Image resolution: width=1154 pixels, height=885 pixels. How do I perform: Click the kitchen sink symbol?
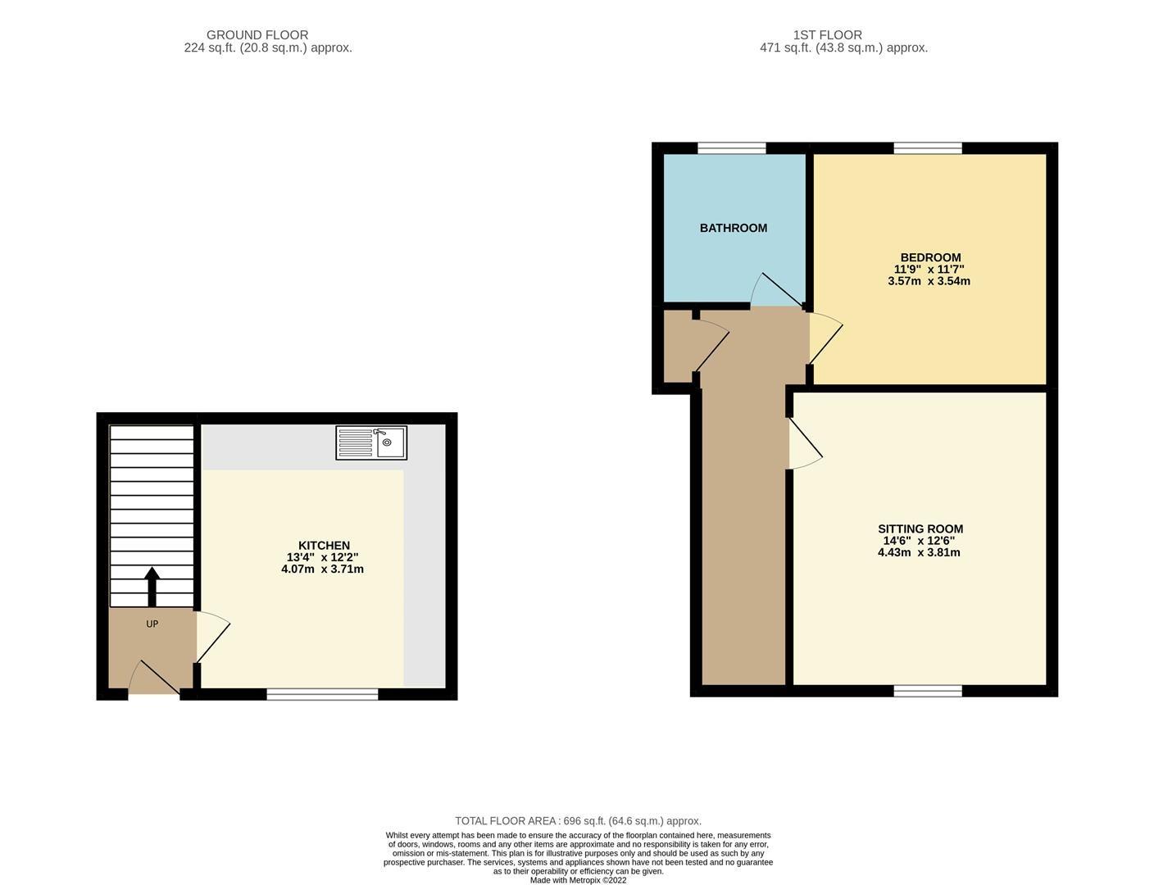click(371, 442)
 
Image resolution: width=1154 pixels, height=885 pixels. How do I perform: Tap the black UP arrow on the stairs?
click(152, 587)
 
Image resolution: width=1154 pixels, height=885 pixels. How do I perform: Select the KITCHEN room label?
click(324, 546)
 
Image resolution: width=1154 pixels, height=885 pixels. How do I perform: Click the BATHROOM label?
click(734, 228)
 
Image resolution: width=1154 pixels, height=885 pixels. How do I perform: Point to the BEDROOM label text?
click(930, 257)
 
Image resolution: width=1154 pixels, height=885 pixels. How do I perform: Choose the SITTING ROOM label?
click(920, 529)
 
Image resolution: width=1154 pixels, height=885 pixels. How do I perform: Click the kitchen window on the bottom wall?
click(322, 694)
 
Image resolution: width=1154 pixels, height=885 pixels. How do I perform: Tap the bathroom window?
click(732, 148)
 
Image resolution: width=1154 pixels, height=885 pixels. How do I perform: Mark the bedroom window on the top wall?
click(928, 148)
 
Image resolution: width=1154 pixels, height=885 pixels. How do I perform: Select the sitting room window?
click(928, 691)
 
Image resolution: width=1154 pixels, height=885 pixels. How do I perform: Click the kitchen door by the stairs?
click(211, 637)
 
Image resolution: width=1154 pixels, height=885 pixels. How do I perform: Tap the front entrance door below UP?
click(154, 678)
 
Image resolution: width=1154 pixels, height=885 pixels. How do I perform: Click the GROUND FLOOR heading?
click(257, 35)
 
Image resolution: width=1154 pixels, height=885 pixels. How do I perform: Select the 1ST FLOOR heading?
click(827, 35)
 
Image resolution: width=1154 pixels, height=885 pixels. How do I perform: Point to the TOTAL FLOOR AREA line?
click(578, 821)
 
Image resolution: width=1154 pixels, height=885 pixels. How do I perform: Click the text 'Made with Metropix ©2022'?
click(578, 880)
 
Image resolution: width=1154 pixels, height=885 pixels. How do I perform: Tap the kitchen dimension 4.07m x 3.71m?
click(322, 569)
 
